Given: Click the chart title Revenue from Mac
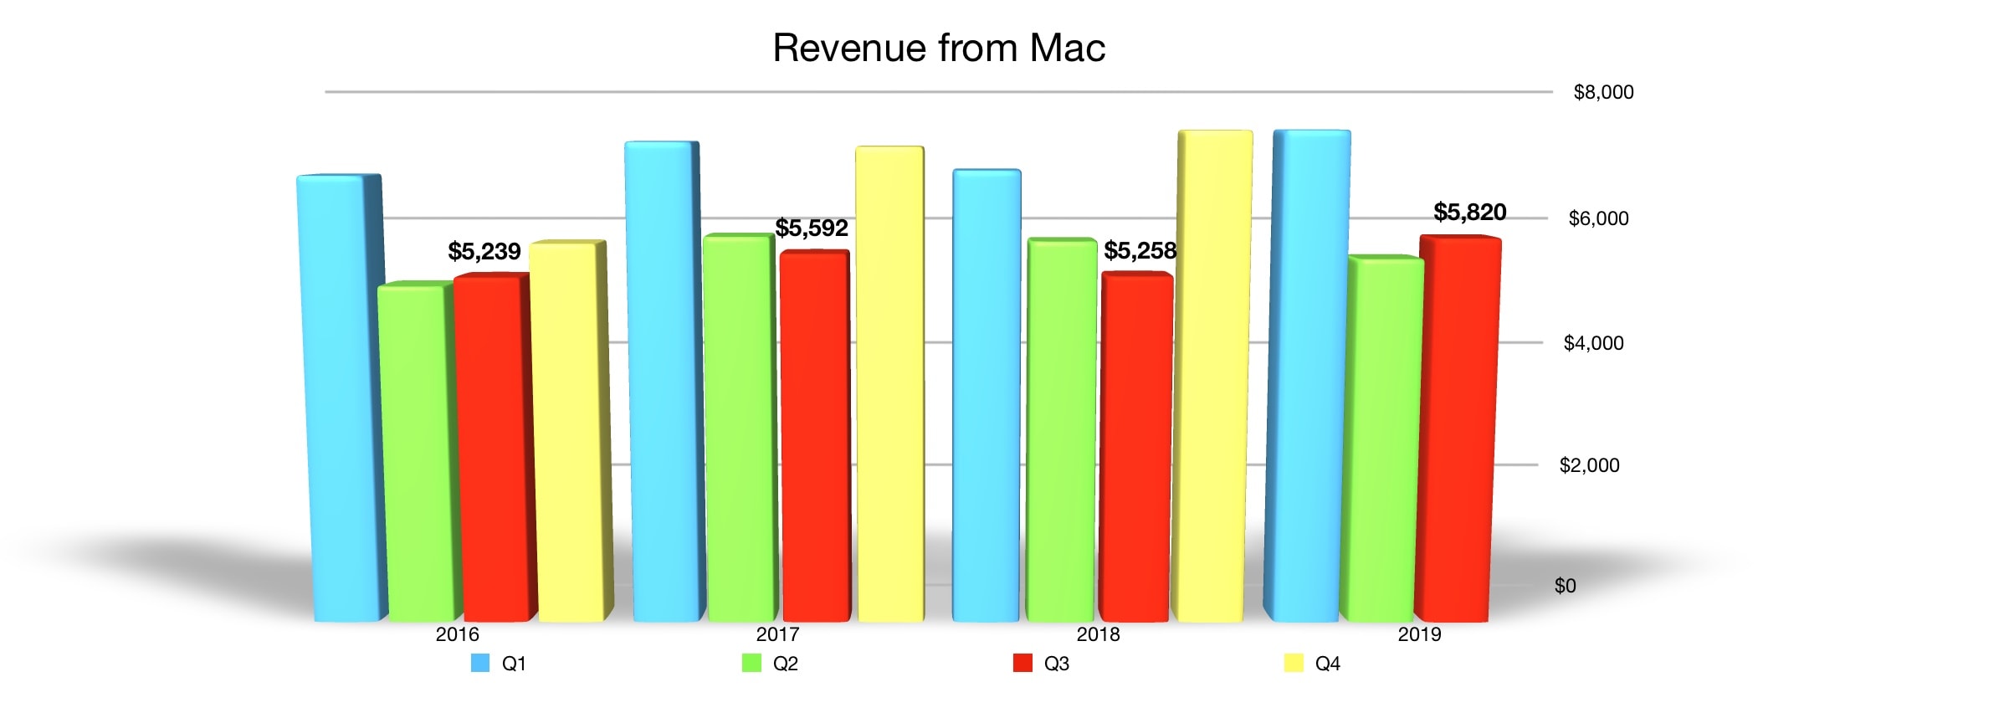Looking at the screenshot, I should click(x=938, y=48).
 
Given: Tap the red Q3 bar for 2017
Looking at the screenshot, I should click(x=813, y=435).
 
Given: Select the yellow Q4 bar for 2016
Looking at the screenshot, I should click(x=567, y=431).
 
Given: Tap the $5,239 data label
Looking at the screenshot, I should click(x=484, y=251).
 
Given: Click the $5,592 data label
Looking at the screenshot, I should click(x=811, y=228).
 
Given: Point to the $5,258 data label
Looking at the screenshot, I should click(x=1140, y=250).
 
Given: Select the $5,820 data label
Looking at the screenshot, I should click(x=1469, y=212).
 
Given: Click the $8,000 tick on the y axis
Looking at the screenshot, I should click(x=1603, y=92).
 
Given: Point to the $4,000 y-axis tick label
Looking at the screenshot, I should click(x=1593, y=343).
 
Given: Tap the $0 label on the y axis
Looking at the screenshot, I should click(x=1565, y=586).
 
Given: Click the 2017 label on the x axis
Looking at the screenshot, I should click(x=777, y=634).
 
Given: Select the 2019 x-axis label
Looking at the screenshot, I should click(x=1419, y=634).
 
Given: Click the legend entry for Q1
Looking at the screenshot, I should click(x=500, y=664).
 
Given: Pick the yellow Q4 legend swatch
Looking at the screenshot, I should click(x=1294, y=664).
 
